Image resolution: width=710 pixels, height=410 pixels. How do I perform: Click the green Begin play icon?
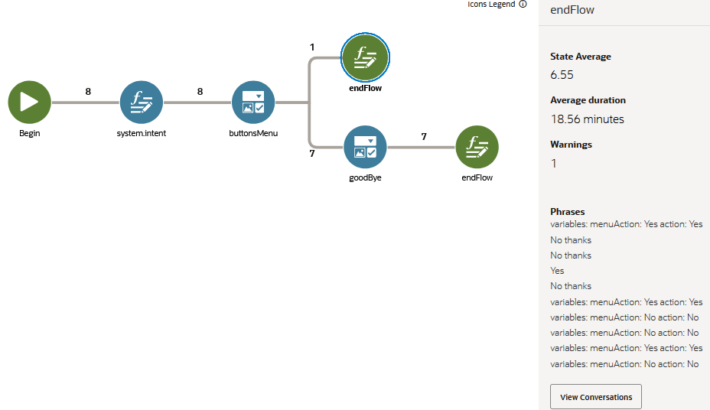pos(29,102)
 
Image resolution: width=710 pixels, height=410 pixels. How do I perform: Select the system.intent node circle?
pos(142,102)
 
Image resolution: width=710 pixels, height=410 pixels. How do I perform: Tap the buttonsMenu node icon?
pos(253,102)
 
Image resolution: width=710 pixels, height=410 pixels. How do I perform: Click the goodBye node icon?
pos(365,147)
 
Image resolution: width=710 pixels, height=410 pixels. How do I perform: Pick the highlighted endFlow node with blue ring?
pos(365,57)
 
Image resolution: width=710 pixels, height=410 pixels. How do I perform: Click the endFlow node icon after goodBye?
pos(477,147)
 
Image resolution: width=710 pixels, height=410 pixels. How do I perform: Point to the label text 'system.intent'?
pos(142,133)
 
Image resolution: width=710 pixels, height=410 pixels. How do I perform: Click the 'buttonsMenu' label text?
pos(253,133)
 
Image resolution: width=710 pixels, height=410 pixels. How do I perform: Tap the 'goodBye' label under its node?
pos(365,177)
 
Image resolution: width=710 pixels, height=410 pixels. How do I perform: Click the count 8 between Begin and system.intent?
pos(88,92)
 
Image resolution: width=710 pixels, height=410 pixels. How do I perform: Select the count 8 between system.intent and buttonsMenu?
pos(200,92)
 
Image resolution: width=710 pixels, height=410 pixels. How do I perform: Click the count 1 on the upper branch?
pos(312,47)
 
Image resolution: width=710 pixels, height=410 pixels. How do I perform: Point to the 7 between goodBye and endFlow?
pos(424,137)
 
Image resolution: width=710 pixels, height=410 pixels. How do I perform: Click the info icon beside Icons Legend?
pos(523,4)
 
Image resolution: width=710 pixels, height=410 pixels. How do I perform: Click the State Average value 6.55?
pos(562,75)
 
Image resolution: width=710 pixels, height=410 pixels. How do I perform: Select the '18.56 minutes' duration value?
pos(587,119)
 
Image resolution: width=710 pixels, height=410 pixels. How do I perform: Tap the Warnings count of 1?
pos(553,164)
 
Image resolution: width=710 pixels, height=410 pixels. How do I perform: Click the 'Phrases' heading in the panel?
pos(567,212)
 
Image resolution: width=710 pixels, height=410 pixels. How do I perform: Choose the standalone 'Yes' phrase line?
pos(557,271)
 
